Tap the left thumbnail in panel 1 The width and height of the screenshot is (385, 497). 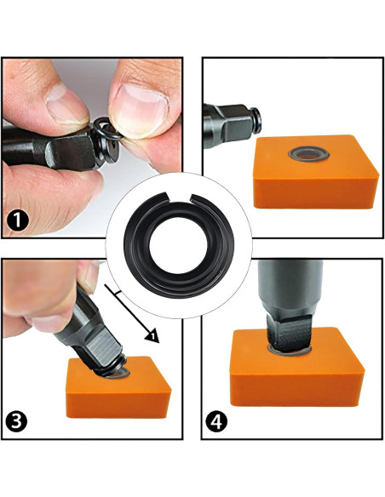pyautogui.click(x=64, y=104)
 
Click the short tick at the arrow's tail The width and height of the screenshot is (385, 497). pyautogui.click(x=111, y=291)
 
